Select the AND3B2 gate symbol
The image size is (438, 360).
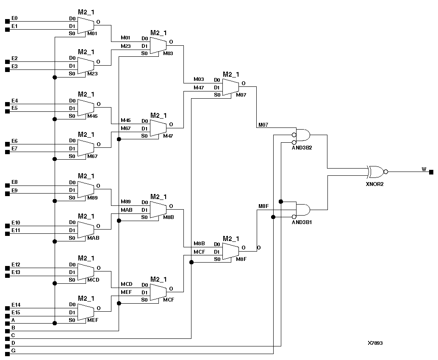tap(302, 135)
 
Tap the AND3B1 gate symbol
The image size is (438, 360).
tap(302, 209)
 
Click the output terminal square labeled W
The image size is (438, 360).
tap(431, 172)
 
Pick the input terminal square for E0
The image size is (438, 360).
tap(7, 21)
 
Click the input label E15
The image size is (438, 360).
tap(16, 313)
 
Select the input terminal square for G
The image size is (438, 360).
tap(7, 353)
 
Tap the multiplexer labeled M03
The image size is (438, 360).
tap(158, 46)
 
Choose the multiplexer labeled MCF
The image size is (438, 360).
tap(158, 292)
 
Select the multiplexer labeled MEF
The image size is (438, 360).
tap(86, 312)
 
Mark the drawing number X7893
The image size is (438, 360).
tap(375, 343)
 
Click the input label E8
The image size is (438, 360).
tap(14, 182)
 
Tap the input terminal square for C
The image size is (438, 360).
tap(7, 338)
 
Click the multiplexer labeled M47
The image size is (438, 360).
tap(158, 128)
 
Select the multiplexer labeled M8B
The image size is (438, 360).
tap(158, 210)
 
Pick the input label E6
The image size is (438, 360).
tap(14, 141)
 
